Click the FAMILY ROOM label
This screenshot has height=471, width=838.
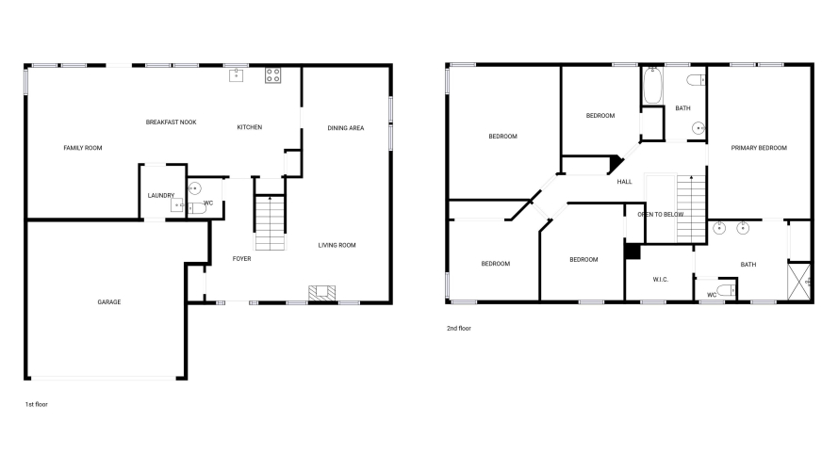pos(83,148)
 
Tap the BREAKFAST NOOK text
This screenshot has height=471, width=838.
pos(171,122)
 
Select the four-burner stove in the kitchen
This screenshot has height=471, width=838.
pos(273,75)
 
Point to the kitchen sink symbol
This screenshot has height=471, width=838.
pos(237,75)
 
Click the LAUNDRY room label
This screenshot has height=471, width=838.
pos(161,195)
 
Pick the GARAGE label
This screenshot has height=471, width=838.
pos(109,302)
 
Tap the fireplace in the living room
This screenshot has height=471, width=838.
pos(322,293)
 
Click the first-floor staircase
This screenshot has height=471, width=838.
pos(270,223)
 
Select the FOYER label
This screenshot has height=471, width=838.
pos(241,259)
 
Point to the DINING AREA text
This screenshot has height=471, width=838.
pos(346,128)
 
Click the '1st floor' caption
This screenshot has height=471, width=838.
pos(37,405)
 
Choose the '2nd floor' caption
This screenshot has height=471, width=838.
pos(458,329)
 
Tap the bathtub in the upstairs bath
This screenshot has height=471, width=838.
pos(652,86)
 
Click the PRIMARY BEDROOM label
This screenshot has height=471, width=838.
pos(759,148)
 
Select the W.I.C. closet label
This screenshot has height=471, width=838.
pos(661,280)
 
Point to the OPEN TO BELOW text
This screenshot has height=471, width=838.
pos(661,215)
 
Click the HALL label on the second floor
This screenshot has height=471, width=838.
pos(624,182)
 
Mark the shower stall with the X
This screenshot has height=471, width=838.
pos(799,282)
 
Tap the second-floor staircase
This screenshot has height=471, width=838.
pos(692,209)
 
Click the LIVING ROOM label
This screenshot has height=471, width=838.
pos(337,246)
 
